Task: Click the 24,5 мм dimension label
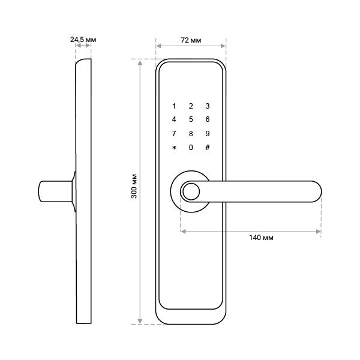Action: pyautogui.click(x=83, y=40)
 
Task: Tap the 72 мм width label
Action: pyautogui.click(x=191, y=40)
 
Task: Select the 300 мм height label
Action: pyautogui.click(x=134, y=186)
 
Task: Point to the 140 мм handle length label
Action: pyautogui.click(x=261, y=238)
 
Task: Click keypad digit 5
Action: pyautogui.click(x=191, y=119)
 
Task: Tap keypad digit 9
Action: pyautogui.click(x=208, y=133)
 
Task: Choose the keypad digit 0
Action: pyautogui.click(x=191, y=148)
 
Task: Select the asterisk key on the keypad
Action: pyautogui.click(x=174, y=148)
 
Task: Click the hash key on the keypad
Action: pyautogui.click(x=208, y=147)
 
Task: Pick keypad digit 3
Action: pyautogui.click(x=208, y=106)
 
